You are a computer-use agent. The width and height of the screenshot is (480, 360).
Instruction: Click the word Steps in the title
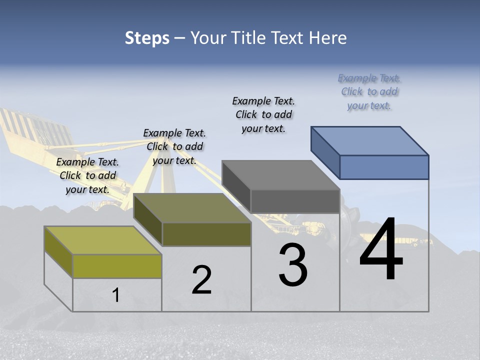tap(147, 38)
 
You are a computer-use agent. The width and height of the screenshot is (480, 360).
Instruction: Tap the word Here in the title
tap(327, 38)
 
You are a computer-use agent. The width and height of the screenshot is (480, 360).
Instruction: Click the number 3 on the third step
tap(293, 265)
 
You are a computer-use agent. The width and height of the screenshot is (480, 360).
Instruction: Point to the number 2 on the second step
tap(201, 280)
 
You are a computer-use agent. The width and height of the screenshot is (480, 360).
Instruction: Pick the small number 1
tap(116, 295)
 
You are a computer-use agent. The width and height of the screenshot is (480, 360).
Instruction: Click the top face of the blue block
tap(370, 140)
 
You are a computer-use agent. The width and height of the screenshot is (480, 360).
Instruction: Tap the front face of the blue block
tap(384, 167)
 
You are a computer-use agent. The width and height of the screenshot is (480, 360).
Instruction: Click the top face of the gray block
tap(280, 175)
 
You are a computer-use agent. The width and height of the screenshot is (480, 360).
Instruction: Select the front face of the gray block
tap(295, 201)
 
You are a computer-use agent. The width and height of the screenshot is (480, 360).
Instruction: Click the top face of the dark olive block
tap(192, 208)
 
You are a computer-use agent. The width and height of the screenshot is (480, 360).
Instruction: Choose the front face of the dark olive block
tap(206, 234)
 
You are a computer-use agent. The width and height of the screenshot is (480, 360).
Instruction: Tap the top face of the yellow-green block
tap(103, 240)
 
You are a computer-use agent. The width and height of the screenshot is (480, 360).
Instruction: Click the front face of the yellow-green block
tap(117, 266)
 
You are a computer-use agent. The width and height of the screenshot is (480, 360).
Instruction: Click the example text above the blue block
tap(369, 92)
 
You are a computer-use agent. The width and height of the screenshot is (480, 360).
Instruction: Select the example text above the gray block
tap(263, 114)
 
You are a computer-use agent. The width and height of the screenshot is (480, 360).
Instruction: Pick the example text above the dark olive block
tap(174, 146)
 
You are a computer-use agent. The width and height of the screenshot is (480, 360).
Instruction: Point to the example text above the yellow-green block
tap(87, 175)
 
